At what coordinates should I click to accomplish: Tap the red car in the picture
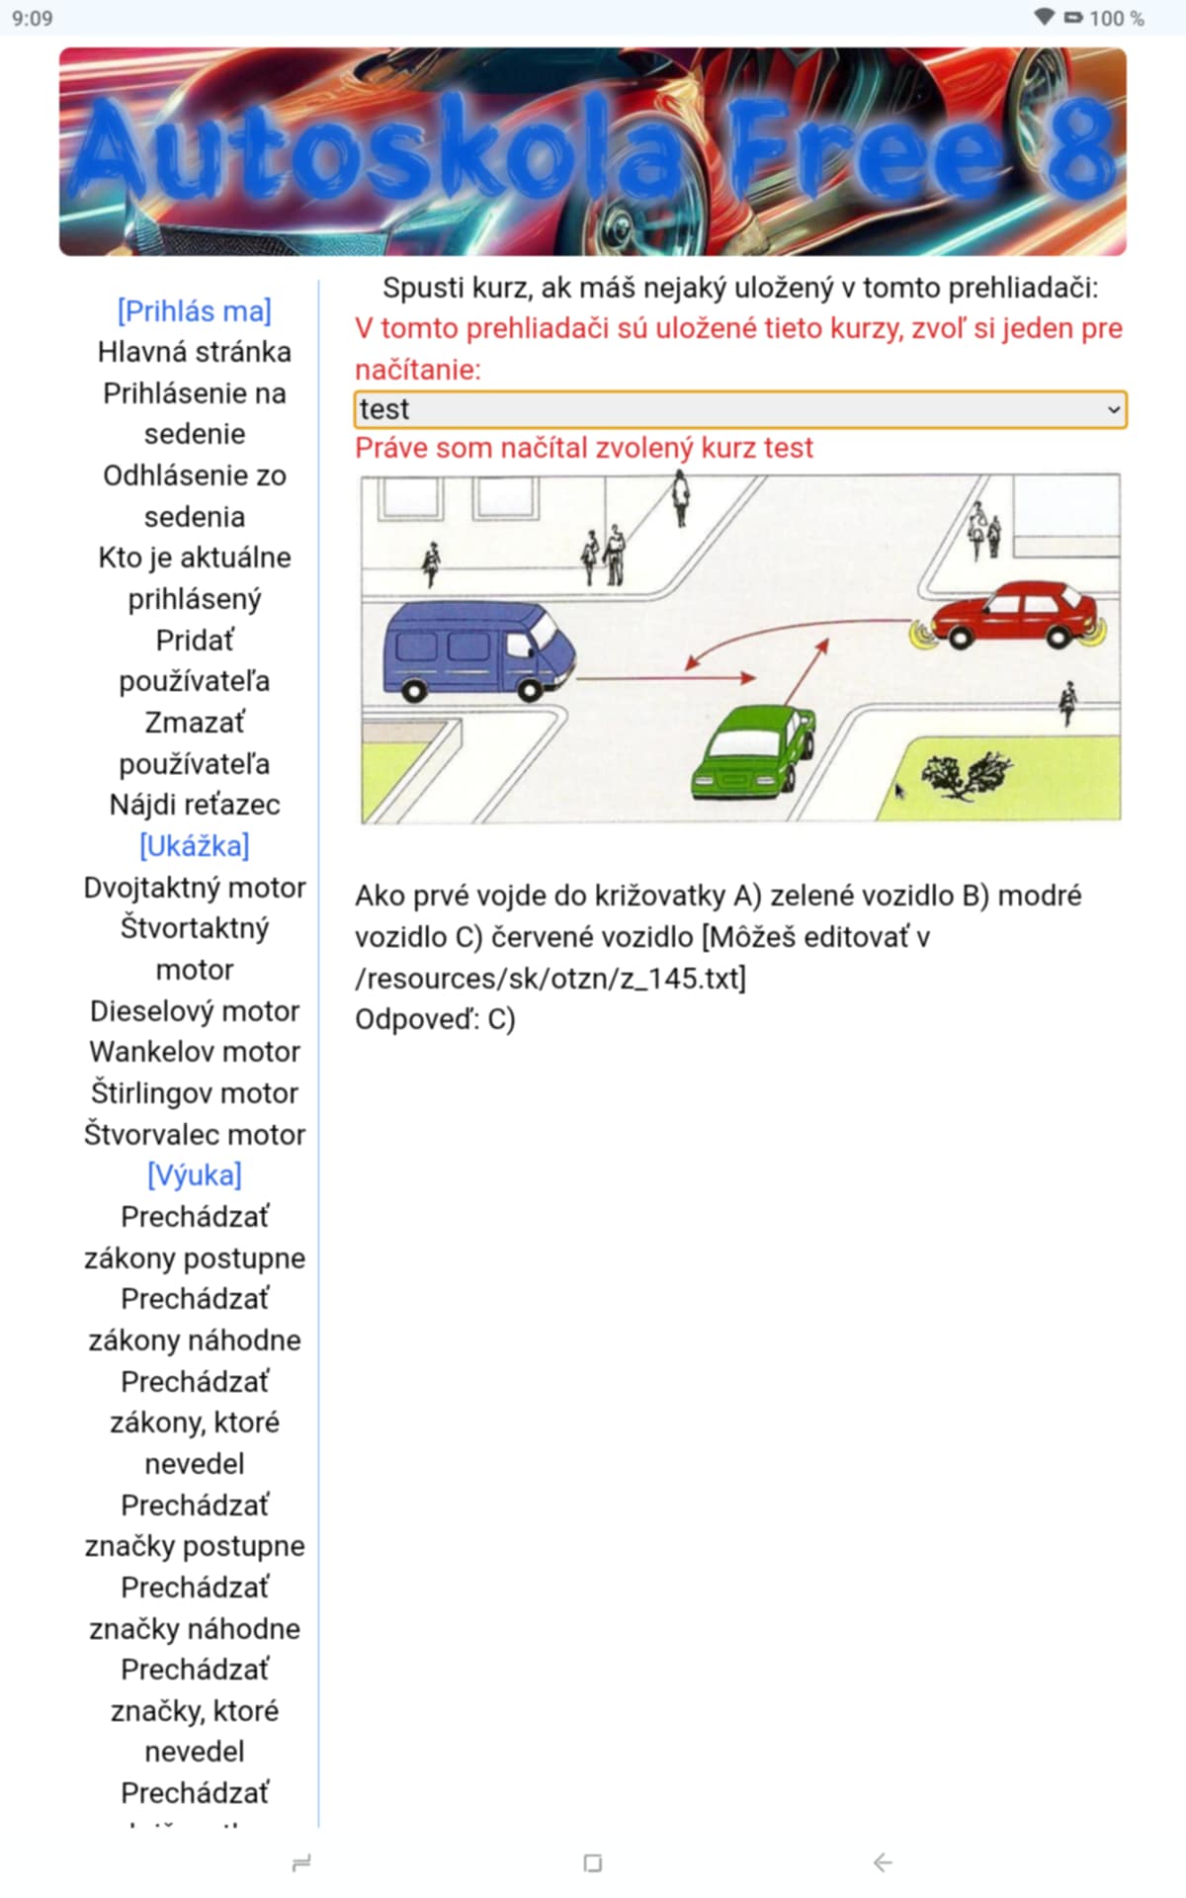tap(1013, 615)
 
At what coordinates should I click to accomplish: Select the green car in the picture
tap(754, 750)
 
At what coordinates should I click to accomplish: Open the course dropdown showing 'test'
tap(740, 409)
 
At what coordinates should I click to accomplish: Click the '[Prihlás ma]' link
tap(195, 311)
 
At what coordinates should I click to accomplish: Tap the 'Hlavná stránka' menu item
tap(195, 352)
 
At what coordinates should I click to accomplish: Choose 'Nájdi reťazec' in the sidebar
tap(195, 805)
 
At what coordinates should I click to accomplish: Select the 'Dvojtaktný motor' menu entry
tap(195, 888)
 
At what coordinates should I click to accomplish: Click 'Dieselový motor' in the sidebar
tap(195, 1011)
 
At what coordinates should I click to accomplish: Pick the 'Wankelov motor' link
tap(195, 1052)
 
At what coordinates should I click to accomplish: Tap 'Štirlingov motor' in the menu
tap(195, 1093)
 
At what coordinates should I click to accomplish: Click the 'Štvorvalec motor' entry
tap(195, 1135)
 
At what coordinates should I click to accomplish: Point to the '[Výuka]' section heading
tap(195, 1175)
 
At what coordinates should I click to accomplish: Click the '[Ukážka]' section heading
tap(195, 846)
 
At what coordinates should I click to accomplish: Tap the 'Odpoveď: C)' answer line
tap(435, 1019)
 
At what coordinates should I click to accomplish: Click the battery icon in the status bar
tap(1073, 18)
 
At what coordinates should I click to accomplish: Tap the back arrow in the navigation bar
tap(883, 1862)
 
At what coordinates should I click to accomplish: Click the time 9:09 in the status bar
tap(33, 18)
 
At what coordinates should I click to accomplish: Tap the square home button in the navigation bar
tap(593, 1862)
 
